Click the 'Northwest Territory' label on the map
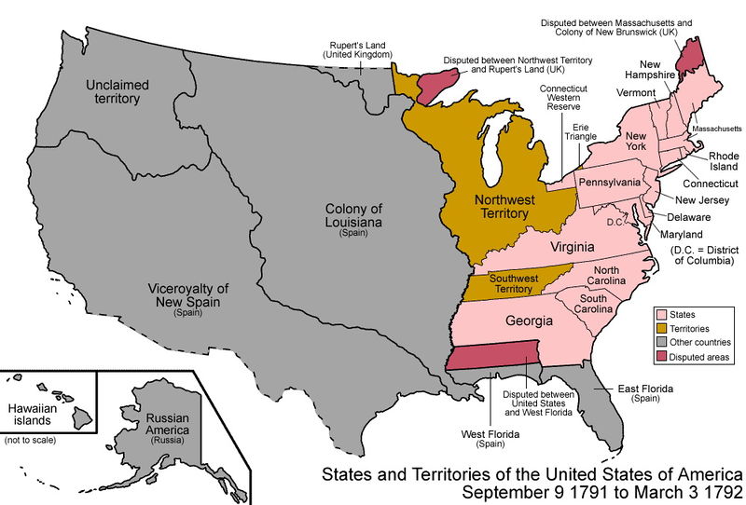[x=501, y=206]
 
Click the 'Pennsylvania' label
[x=609, y=182]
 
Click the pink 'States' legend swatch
[x=663, y=315]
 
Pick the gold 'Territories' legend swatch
[x=663, y=329]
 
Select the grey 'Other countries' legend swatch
[x=663, y=343]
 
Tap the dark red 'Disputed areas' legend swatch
[x=663, y=357]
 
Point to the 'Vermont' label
[x=636, y=92]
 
